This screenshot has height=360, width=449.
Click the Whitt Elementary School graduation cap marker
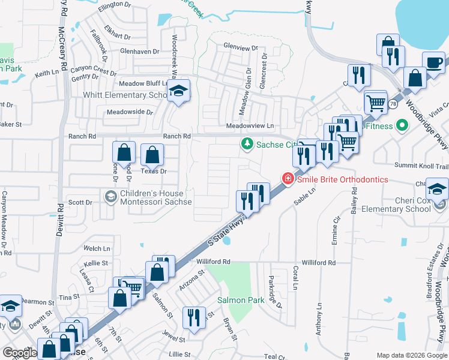pyautogui.click(x=178, y=91)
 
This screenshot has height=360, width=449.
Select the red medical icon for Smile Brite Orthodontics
pyautogui.click(x=288, y=179)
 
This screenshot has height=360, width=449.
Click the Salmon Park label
pyautogui.click(x=241, y=299)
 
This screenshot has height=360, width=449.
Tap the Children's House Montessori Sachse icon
pyautogui.click(x=110, y=196)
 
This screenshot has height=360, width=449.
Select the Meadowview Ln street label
pyautogui.click(x=250, y=126)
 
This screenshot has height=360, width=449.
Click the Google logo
pyautogui.click(x=19, y=352)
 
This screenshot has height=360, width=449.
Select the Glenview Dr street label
pyautogui.click(x=240, y=46)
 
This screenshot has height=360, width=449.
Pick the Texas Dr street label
pyautogui.click(x=153, y=172)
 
